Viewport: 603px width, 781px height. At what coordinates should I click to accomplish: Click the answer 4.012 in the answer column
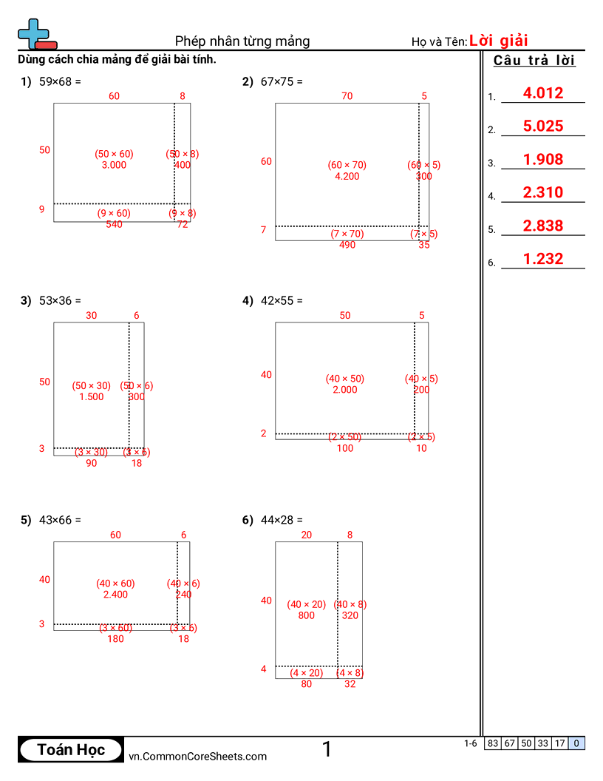(x=542, y=93)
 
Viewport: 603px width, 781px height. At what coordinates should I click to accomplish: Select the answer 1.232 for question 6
(x=542, y=259)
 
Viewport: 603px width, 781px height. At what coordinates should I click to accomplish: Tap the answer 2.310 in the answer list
(x=542, y=192)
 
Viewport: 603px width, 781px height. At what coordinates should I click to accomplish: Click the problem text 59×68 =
(x=60, y=82)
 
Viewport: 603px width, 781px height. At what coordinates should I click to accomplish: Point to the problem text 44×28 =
(x=282, y=520)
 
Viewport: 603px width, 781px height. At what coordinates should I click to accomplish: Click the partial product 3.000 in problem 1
(x=114, y=165)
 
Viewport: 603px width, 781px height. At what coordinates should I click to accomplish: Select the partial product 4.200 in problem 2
(x=347, y=176)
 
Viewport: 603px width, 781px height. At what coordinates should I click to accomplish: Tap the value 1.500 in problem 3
(x=92, y=396)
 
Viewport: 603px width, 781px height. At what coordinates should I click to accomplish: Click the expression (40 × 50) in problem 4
(x=344, y=379)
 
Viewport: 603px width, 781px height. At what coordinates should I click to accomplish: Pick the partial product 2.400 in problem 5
(x=115, y=594)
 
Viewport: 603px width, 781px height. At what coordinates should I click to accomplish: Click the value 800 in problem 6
(x=306, y=615)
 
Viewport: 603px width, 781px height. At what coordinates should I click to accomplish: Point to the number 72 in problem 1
(x=183, y=224)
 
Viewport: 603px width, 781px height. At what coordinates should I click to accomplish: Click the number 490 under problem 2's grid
(x=347, y=245)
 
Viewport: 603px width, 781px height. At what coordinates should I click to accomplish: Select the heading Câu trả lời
(x=534, y=61)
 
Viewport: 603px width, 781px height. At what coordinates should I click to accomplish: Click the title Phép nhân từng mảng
(x=242, y=41)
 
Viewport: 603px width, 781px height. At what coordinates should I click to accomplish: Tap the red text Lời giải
(x=498, y=41)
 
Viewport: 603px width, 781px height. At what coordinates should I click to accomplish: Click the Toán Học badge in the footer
(x=71, y=749)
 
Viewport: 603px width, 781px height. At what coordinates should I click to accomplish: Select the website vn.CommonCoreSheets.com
(x=197, y=756)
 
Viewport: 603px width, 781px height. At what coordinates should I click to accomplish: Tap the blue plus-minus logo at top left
(x=35, y=34)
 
